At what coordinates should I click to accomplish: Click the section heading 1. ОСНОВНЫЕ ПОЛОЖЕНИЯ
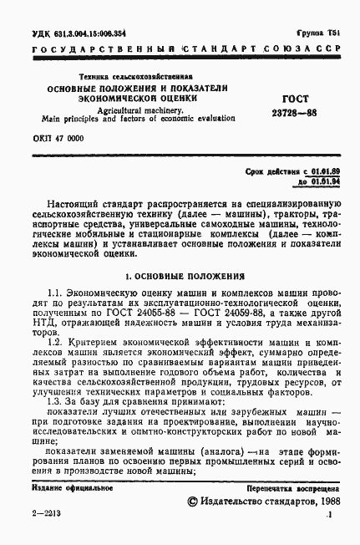pos(183,274)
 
